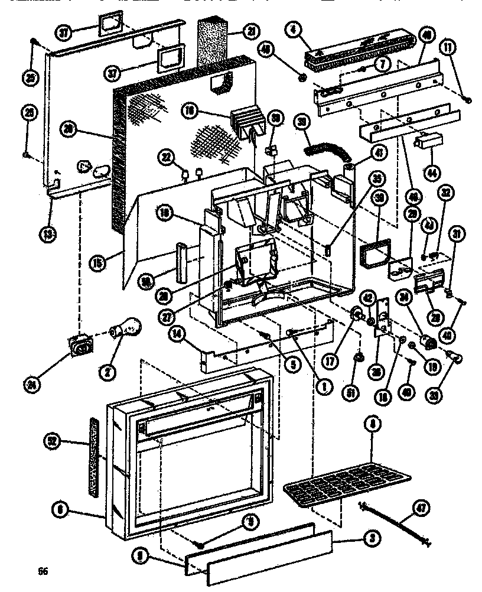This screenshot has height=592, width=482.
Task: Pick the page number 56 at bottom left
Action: [x=42, y=571]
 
